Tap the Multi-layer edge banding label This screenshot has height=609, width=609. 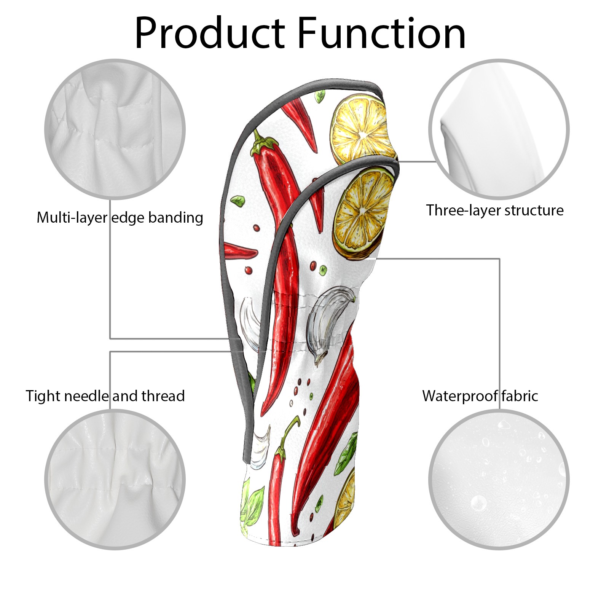point(120,218)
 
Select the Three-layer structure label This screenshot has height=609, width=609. point(494,210)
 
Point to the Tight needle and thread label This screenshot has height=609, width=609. point(105,396)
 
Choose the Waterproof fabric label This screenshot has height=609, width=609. point(480,396)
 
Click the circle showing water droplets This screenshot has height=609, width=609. point(499,479)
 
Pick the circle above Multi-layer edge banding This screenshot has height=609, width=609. point(115,129)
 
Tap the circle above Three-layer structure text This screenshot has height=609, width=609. point(499,129)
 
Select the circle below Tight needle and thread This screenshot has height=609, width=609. point(115,479)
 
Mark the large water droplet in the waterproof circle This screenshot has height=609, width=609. point(478,503)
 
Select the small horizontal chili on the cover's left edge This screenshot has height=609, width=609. point(240,251)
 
